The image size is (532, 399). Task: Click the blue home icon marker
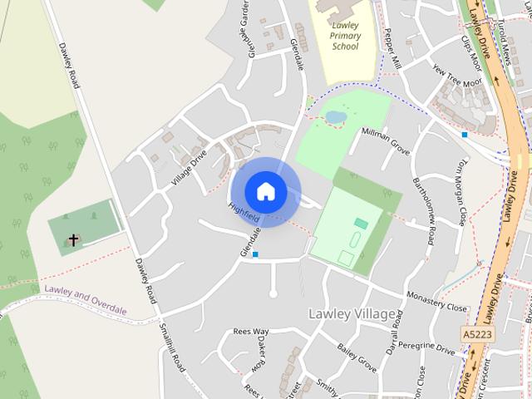[x=265, y=191]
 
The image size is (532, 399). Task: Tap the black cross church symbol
[x=73, y=240]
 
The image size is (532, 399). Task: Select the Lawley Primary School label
[x=344, y=36]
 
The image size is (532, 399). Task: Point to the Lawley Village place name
[x=352, y=314]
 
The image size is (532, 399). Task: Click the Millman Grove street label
[x=385, y=140]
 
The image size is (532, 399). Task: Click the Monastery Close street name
[x=436, y=301]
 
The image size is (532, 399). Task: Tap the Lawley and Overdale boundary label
[x=86, y=299]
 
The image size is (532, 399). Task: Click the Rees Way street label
[x=251, y=331]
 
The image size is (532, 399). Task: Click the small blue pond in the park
[x=336, y=117]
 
